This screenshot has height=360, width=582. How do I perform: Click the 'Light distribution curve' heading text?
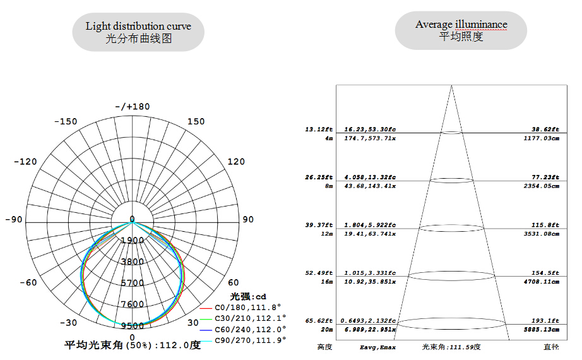138,26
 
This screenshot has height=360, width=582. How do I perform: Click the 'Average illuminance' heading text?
461,25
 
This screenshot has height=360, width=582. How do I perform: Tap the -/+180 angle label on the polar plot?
133,106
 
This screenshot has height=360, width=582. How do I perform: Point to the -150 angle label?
66,121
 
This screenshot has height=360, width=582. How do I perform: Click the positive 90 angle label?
248,220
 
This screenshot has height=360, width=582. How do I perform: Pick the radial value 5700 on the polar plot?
133,283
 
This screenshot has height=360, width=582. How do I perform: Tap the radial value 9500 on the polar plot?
133,326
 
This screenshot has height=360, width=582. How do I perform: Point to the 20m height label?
326,330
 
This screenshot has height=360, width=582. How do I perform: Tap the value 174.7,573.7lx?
370,138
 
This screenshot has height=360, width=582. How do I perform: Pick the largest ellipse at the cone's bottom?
452,323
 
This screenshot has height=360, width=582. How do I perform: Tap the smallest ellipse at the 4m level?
452,132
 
